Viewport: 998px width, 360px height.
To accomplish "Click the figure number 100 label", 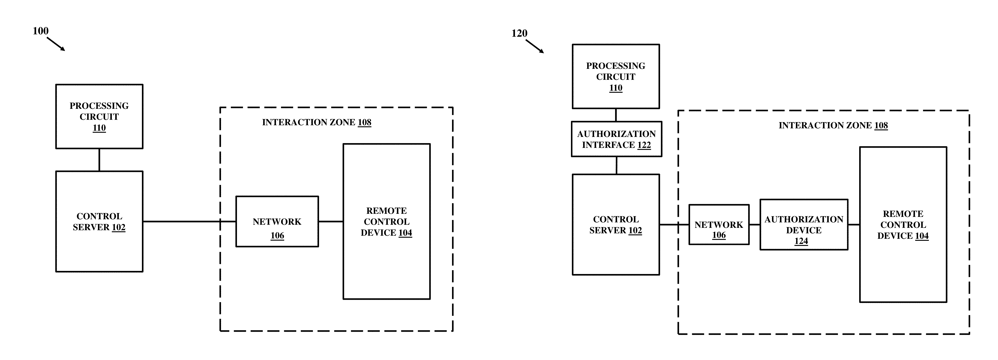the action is pyautogui.click(x=41, y=31).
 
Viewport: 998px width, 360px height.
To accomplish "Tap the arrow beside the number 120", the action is pyautogui.click(x=535, y=46).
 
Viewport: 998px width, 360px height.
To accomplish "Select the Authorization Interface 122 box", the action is pyautogui.click(x=616, y=139).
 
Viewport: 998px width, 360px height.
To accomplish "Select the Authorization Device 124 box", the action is pyautogui.click(x=804, y=225).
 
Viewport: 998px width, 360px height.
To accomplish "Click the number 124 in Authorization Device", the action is pyautogui.click(x=801, y=241).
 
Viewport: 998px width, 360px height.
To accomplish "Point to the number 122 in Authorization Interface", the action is pyautogui.click(x=644, y=145).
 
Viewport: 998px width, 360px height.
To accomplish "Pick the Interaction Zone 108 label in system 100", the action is pyautogui.click(x=316, y=122).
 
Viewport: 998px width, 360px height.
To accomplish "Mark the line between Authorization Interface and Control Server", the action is pyautogui.click(x=616, y=165).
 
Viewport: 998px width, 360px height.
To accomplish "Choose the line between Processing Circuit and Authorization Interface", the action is pyautogui.click(x=616, y=115).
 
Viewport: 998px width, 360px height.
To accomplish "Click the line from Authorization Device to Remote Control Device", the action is pyautogui.click(x=854, y=225).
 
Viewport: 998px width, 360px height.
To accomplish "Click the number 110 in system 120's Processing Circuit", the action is pyautogui.click(x=616, y=88).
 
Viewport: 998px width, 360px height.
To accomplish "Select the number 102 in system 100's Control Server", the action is pyautogui.click(x=119, y=227).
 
